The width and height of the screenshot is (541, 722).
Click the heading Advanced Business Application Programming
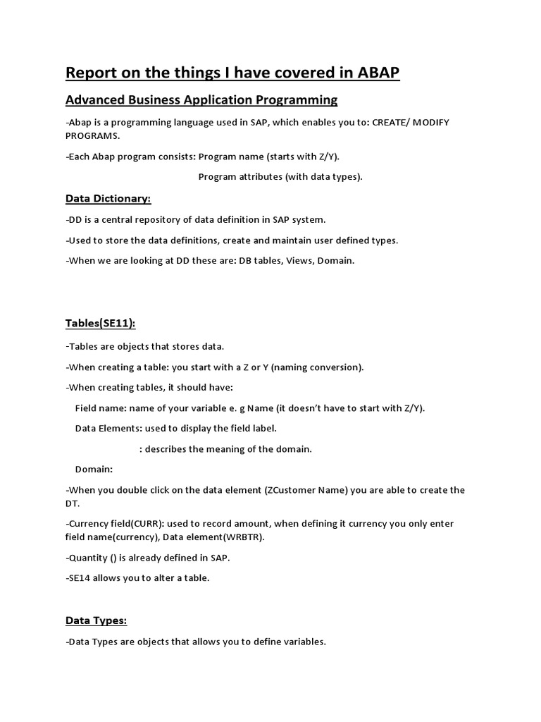pos(201,99)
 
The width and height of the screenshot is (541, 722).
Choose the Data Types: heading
pos(96,620)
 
